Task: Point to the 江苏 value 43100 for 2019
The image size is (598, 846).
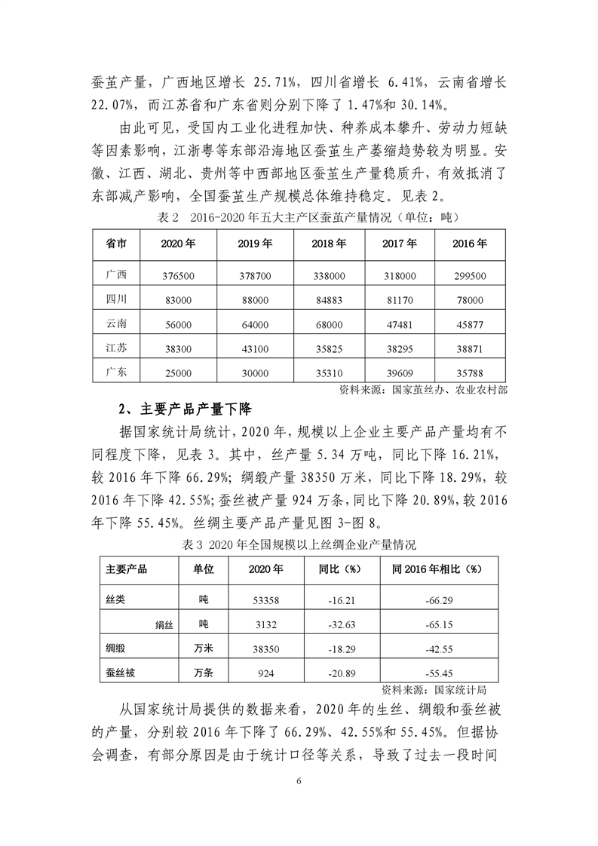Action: point(253,348)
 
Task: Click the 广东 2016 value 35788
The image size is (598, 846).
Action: point(470,372)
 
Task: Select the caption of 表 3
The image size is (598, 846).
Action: point(299,544)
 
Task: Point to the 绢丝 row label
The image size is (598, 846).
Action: point(164,624)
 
